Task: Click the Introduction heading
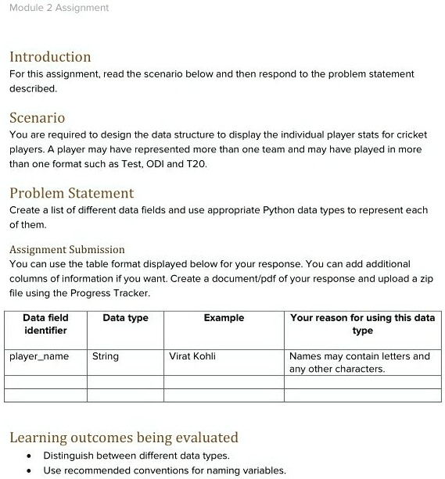pyautogui.click(x=50, y=57)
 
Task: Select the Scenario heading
pyautogui.click(x=37, y=118)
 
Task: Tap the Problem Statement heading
pyautogui.click(x=71, y=193)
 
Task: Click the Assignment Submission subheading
pyautogui.click(x=66, y=250)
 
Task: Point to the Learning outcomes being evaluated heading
pyautogui.click(x=124, y=438)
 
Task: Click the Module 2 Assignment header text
pyautogui.click(x=59, y=8)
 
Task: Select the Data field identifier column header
pyautogui.click(x=45, y=324)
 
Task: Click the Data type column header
pyautogui.click(x=125, y=318)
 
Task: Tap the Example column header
pyautogui.click(x=224, y=318)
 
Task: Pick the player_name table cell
pyautogui.click(x=39, y=356)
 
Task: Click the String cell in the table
pyautogui.click(x=106, y=356)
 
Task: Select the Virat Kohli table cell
pyautogui.click(x=192, y=356)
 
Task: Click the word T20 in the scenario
pyautogui.click(x=196, y=163)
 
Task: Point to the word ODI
pyautogui.click(x=156, y=163)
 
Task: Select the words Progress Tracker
pyautogui.click(x=112, y=293)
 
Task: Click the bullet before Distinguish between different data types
pyautogui.click(x=29, y=456)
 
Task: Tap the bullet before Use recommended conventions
pyautogui.click(x=29, y=470)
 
